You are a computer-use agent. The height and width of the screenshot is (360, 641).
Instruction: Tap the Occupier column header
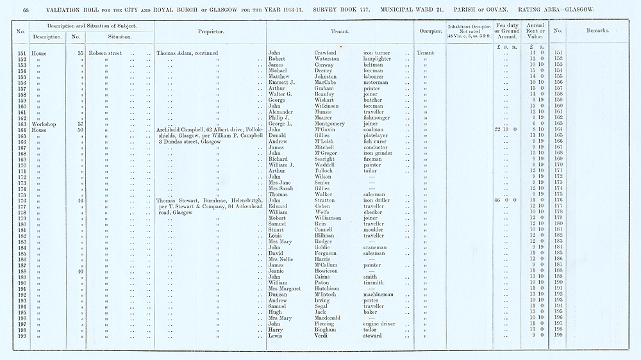(428, 31)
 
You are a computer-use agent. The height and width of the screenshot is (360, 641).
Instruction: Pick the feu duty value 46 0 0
(506, 201)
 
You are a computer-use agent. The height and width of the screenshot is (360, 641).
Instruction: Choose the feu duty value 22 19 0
(506, 130)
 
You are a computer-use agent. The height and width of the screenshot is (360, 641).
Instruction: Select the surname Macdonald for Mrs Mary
(331, 318)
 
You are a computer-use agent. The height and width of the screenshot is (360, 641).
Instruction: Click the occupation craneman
(377, 247)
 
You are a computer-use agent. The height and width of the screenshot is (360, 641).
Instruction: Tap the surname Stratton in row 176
(327, 201)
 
